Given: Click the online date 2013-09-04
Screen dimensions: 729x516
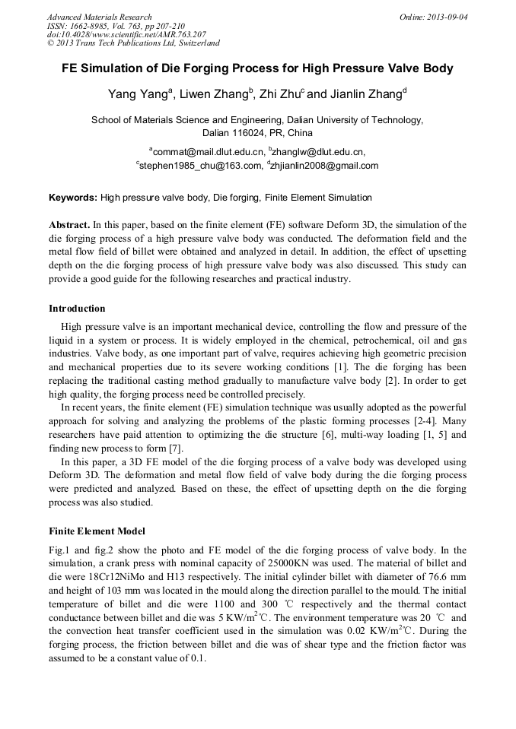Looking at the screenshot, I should tap(448, 17).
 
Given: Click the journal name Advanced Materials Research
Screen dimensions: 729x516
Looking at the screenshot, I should tap(99, 17).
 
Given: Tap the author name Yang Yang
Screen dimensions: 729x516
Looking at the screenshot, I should tap(139, 95).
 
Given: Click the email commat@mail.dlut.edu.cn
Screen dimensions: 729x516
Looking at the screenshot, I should tap(208, 152).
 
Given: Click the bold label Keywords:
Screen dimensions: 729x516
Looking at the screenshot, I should tap(73, 198).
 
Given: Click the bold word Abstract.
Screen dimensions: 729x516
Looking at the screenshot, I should tap(68, 226).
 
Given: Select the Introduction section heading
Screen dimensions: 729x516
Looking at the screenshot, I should tap(77, 309).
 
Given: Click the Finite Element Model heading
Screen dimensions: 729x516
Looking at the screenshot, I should tap(97, 531).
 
